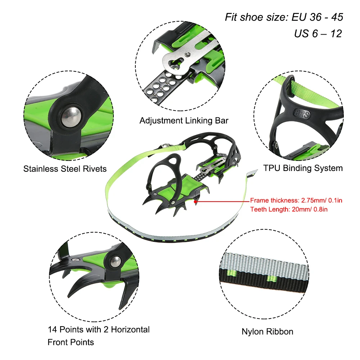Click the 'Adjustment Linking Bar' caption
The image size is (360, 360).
pos(184,121)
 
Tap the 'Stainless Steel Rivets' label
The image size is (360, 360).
pos(65,168)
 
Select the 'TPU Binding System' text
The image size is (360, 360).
pos(303,168)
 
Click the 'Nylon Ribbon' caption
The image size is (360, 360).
pos(267,332)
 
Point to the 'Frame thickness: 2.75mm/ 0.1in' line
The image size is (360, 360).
pos(296,201)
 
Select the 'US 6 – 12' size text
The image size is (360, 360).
pos(318,33)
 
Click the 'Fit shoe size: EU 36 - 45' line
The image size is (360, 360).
pos(284,17)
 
